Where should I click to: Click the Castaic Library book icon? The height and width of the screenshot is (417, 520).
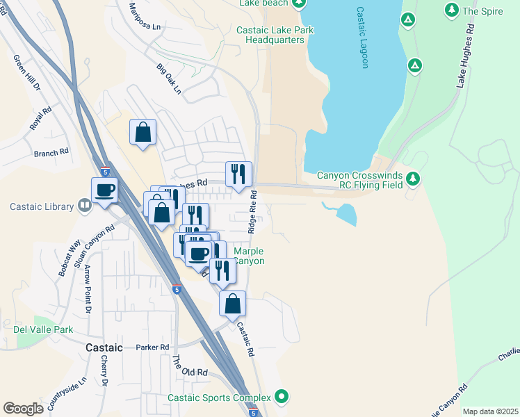coord(84,206)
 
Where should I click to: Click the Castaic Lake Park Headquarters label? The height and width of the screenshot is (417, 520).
coord(275,35)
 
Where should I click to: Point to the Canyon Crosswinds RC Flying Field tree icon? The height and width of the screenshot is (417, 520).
coord(414,179)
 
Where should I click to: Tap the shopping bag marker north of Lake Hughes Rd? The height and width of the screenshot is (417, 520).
coord(143,132)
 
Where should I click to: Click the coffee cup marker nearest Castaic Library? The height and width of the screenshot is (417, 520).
coord(105,190)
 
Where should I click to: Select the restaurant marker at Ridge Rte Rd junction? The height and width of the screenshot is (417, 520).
coord(238,174)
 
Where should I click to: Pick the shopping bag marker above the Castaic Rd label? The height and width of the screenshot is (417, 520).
coord(233,303)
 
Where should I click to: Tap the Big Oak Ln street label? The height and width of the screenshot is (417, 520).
coord(168,79)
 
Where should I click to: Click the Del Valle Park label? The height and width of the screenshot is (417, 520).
coord(43,329)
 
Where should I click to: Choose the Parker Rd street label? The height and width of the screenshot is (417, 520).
coord(153,347)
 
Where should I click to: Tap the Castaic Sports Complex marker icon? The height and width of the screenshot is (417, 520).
coord(282,397)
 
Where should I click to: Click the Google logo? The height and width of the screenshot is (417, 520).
coord(23,409)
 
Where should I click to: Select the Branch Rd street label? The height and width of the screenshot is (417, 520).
coord(51,151)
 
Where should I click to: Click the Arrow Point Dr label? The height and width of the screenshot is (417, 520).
coord(88,288)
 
